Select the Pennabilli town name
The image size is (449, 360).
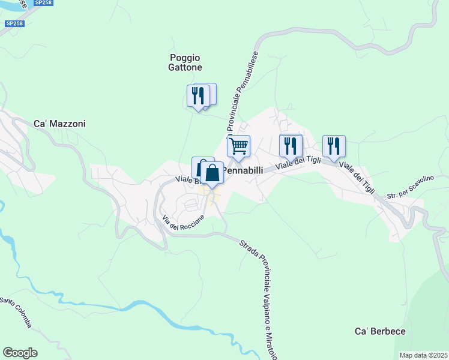[243, 170]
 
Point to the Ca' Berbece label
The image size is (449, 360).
[380, 331]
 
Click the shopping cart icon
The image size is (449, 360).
[239, 146]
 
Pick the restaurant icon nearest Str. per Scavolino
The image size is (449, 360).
[334, 146]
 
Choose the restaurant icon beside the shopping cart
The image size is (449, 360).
[291, 146]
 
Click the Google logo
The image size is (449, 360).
[20, 353]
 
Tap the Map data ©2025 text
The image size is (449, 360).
[423, 355]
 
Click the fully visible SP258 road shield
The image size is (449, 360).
[14, 23]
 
